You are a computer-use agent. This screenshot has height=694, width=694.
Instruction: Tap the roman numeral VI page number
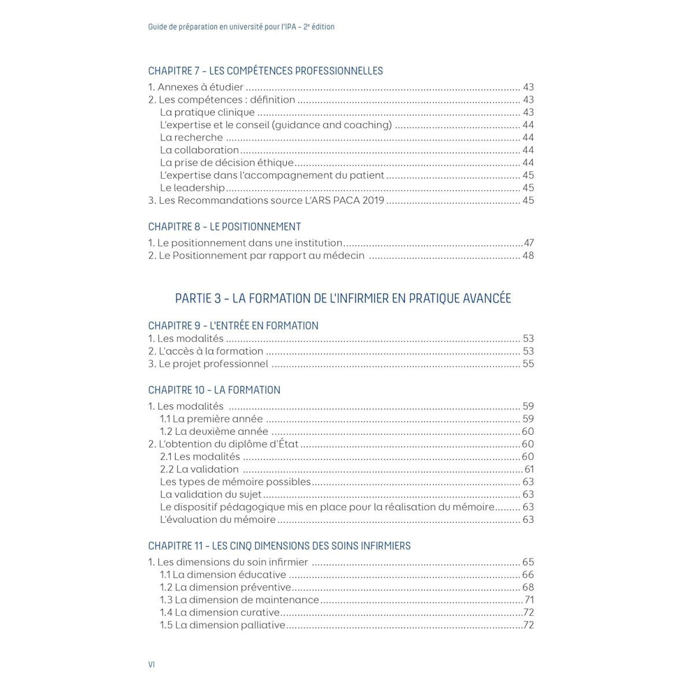point(152,665)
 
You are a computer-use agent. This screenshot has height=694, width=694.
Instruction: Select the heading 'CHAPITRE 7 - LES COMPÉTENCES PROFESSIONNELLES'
point(265,71)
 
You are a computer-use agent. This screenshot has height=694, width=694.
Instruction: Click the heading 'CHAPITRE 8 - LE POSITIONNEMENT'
point(224,227)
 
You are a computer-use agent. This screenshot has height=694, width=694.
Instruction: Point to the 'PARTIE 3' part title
point(343,298)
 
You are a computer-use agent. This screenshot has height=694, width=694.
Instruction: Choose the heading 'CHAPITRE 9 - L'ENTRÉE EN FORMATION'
point(233,326)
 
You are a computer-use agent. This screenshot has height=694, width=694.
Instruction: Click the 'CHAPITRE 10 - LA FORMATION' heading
point(214,390)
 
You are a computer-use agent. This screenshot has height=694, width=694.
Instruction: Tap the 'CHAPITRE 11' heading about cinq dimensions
point(279,546)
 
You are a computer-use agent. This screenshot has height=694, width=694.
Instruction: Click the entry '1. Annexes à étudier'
point(195,87)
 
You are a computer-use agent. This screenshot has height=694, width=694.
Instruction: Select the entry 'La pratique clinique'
point(207,113)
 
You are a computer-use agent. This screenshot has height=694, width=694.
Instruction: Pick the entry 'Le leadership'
point(192,188)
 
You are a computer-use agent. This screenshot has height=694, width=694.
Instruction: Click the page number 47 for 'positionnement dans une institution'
point(528,243)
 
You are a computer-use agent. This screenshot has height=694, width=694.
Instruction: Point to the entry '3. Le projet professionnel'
point(208,364)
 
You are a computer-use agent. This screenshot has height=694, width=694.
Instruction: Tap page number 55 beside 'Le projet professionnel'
point(528,364)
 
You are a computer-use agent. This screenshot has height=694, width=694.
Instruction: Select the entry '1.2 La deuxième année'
point(214,431)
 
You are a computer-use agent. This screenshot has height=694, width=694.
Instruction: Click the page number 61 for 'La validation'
point(529,469)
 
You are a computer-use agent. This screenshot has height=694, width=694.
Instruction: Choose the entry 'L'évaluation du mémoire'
point(217,519)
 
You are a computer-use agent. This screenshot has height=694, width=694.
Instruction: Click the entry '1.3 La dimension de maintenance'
point(239,600)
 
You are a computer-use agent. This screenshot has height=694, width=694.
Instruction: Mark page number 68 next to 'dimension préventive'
point(528,588)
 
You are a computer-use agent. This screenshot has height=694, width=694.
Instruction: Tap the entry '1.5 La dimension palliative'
point(223,625)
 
